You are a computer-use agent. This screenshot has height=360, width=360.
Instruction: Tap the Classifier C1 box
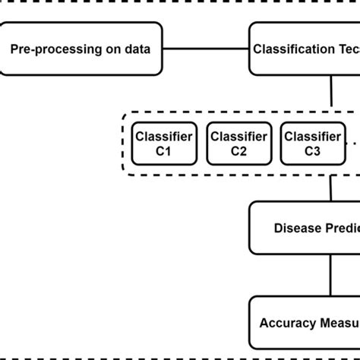click(165, 144)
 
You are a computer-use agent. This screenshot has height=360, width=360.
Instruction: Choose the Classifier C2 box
click(238, 144)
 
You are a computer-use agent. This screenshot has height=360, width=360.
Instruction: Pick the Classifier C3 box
click(311, 144)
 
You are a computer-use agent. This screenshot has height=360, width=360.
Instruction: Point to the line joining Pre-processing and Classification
click(206, 50)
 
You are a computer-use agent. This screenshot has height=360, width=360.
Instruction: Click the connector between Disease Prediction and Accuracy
click(330, 275)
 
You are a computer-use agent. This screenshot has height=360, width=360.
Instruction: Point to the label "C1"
click(165, 151)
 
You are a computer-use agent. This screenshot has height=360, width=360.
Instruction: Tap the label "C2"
click(238, 151)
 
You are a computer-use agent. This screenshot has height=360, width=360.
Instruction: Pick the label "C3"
click(311, 151)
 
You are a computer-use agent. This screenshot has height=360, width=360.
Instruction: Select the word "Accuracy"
click(286, 322)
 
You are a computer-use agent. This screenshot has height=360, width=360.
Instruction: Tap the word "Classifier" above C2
click(238, 137)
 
